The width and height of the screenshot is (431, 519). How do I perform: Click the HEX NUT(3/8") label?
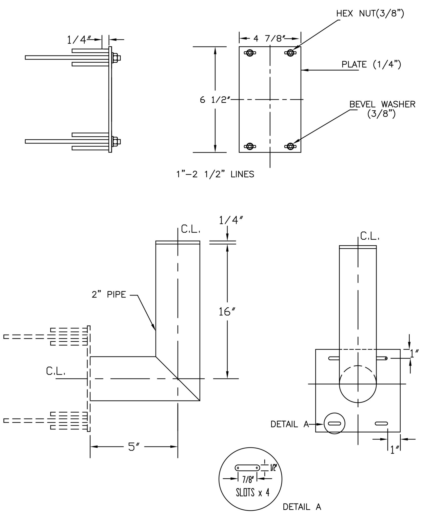tap(370, 13)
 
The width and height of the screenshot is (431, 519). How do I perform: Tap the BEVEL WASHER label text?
tap(382, 104)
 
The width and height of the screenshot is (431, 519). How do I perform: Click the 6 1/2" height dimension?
tap(215, 100)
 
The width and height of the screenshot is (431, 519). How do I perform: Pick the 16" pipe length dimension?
tap(227, 312)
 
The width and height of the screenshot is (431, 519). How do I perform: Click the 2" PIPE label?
tap(109, 294)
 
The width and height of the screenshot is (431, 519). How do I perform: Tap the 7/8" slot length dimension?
tap(248, 479)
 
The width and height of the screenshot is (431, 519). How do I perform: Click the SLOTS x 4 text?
tap(252, 492)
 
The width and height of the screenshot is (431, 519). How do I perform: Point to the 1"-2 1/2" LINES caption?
tap(215, 174)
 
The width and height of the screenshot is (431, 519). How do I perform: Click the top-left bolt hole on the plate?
tap(250, 53)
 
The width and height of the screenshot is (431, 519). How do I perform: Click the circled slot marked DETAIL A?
tap(334, 423)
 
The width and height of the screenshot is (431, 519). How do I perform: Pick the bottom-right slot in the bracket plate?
tap(381, 423)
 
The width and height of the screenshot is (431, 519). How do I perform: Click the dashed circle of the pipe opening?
tap(358, 384)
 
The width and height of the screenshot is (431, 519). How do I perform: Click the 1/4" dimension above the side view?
tap(79, 40)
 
